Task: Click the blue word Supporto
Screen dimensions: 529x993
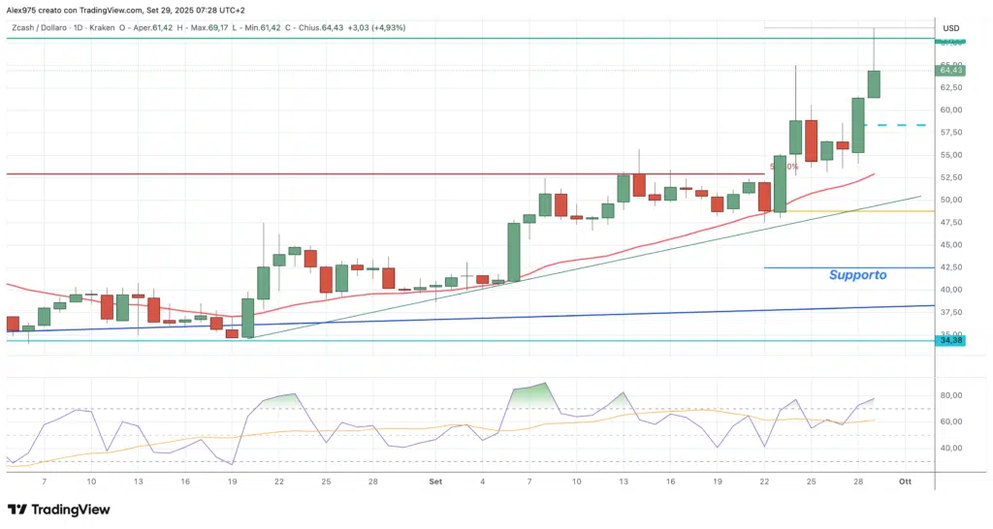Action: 857,275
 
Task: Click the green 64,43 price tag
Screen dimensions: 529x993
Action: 950,70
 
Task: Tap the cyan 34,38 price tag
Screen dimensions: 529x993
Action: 950,340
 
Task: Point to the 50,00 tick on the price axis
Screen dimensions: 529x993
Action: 950,200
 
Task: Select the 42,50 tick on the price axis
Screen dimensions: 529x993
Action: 950,267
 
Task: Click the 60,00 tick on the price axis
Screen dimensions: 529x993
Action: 950,109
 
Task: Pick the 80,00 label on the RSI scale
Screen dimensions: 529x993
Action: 950,395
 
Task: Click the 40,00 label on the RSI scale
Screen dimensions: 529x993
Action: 950,449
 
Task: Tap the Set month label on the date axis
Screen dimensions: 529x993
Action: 435,481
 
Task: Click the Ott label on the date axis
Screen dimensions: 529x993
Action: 904,481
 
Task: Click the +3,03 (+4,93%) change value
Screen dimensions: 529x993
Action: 379,27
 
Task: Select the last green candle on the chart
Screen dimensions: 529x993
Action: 873,83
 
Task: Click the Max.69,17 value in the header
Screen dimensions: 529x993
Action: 209,27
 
